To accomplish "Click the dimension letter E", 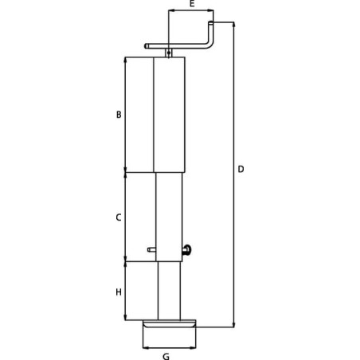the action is pyautogui.click(x=192, y=3).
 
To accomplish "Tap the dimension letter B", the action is pyautogui.click(x=119, y=115).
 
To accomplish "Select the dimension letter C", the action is pyautogui.click(x=119, y=217).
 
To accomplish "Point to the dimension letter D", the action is pyautogui.click(x=241, y=169).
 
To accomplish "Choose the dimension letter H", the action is pyautogui.click(x=119, y=292).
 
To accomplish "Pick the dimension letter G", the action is pyautogui.click(x=166, y=356).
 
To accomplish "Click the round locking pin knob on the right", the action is pyautogui.click(x=187, y=250).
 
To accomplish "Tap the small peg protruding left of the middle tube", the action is pyautogui.click(x=151, y=249).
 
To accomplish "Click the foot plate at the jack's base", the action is pyautogui.click(x=170, y=323).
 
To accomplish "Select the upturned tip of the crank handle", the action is pyautogui.click(x=210, y=22).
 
